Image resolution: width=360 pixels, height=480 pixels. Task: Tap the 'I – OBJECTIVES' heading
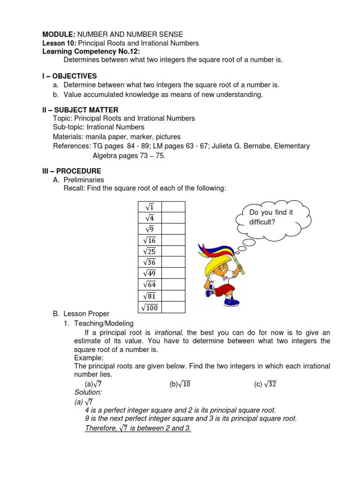69,76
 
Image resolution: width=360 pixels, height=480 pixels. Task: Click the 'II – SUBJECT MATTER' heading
79,110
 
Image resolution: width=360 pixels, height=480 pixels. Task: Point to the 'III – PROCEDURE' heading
72,171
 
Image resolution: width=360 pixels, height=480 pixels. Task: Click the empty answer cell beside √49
173,273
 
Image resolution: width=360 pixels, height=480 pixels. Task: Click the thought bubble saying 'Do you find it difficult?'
273,217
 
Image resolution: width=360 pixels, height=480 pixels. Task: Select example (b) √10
180,384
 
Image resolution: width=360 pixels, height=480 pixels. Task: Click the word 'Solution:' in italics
88,392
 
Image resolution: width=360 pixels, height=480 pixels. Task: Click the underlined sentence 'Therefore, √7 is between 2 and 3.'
138,428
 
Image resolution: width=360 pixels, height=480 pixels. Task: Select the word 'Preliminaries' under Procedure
84,180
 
